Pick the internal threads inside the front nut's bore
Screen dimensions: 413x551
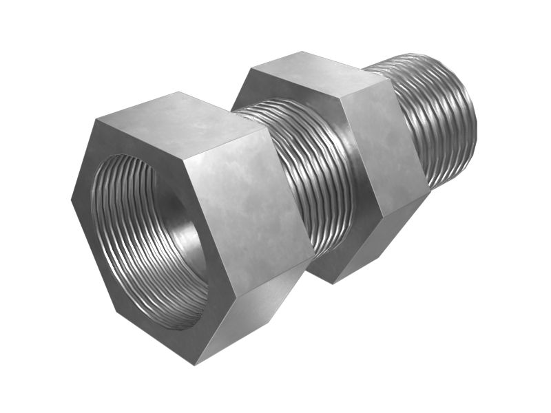point(148,241)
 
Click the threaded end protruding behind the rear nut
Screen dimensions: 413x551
point(441,117)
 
